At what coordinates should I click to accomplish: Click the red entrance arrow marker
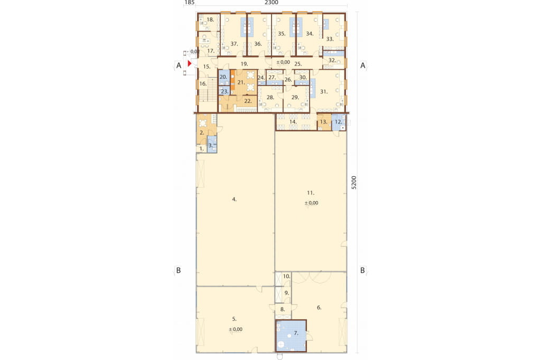coord(190,63)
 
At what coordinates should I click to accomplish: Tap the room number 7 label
coord(296,333)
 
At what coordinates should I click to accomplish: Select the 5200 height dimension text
coord(353,183)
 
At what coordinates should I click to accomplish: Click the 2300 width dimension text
coord(272,3)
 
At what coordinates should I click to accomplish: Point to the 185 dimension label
coord(190,3)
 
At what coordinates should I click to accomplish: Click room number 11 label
coord(311,193)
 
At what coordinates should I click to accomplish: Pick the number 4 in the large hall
coord(234,200)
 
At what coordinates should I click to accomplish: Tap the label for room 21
coord(241,82)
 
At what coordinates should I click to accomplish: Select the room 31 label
coord(324,92)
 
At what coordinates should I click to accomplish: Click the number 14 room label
coord(293,122)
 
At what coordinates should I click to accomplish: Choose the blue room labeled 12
coord(339,122)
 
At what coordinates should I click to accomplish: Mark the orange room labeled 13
coord(324,122)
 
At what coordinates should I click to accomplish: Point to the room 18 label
coord(210,20)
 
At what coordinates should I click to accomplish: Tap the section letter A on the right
coord(362,65)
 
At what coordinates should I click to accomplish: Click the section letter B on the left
coord(179,270)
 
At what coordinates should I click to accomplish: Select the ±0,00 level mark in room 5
coord(236,329)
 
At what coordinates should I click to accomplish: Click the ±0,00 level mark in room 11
coord(312,203)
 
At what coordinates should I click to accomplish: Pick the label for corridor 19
coord(244,64)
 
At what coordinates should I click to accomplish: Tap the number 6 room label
coord(319,308)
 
